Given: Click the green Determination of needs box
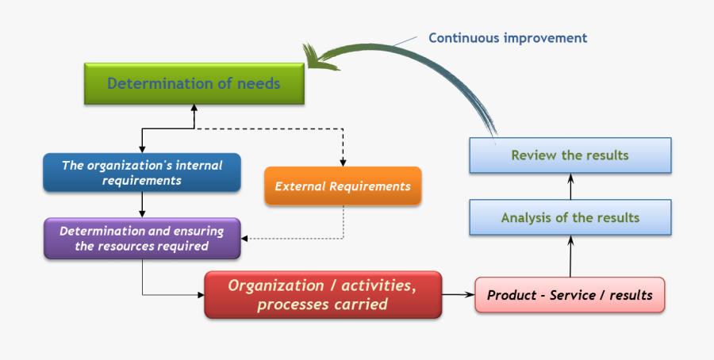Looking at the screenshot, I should (x=194, y=84).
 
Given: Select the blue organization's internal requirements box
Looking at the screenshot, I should (x=142, y=173).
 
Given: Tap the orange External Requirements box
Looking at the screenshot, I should (x=343, y=187).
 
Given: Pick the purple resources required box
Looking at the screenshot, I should (x=142, y=239).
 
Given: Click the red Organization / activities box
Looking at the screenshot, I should (x=322, y=294).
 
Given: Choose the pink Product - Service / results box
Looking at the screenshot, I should (x=570, y=295).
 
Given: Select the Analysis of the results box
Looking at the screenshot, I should (x=570, y=217).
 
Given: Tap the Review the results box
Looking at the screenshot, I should (x=570, y=155).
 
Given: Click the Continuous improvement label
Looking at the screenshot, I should (x=508, y=37).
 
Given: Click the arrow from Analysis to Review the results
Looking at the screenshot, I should (x=570, y=186).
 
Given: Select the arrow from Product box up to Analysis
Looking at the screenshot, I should (x=570, y=255).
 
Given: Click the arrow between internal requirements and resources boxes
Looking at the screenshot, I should (x=142, y=205).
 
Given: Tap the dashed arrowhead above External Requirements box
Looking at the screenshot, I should (x=343, y=162).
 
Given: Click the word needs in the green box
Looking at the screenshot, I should (x=259, y=84).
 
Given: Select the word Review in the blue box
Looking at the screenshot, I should (x=534, y=155).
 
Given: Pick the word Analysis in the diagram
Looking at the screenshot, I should (x=527, y=217).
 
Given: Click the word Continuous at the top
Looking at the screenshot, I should (x=464, y=37).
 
